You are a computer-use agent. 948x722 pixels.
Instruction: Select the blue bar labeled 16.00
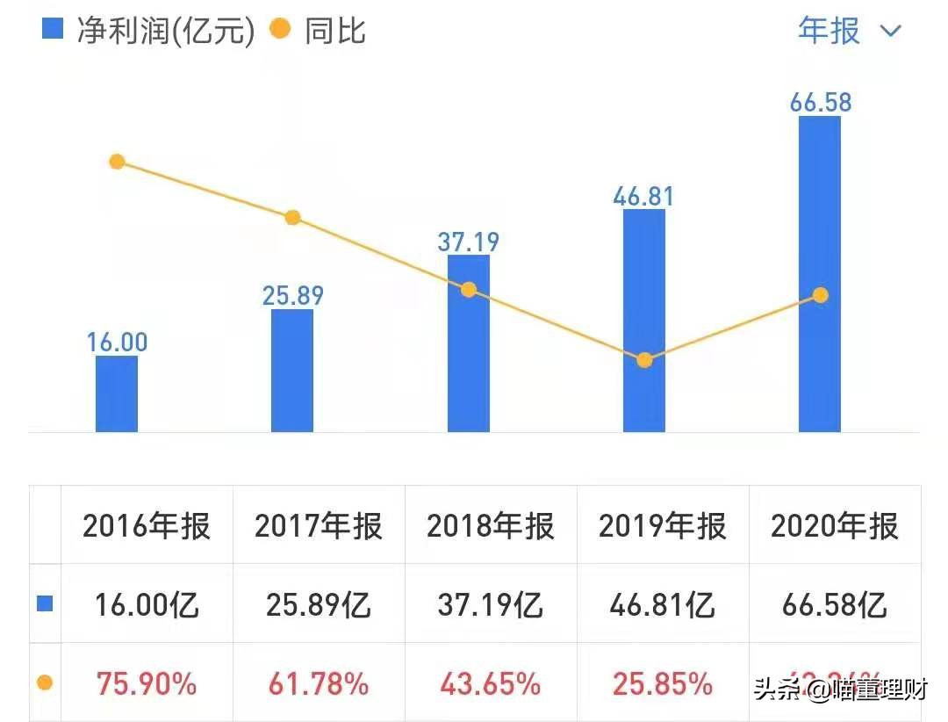[x=117, y=393]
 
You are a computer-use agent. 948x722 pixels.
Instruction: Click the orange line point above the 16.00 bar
[x=117, y=162]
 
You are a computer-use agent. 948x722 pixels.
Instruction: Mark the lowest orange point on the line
[x=644, y=360]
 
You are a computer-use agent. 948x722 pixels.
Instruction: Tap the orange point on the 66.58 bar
[x=820, y=295]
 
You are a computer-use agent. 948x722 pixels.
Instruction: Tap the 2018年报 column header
[x=491, y=526]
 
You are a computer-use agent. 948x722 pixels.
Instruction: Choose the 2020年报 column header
[x=835, y=526]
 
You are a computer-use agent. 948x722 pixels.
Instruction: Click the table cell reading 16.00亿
[x=147, y=604]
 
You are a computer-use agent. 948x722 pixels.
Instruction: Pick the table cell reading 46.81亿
[x=663, y=604]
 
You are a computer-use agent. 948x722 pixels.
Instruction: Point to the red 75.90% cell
[x=147, y=683]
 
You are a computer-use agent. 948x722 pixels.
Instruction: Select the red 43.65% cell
[x=491, y=683]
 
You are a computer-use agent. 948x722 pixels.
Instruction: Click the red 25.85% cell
[x=663, y=683]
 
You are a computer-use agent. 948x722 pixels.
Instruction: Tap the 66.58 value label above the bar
[x=820, y=102]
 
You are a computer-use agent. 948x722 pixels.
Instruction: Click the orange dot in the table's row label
[x=46, y=683]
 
